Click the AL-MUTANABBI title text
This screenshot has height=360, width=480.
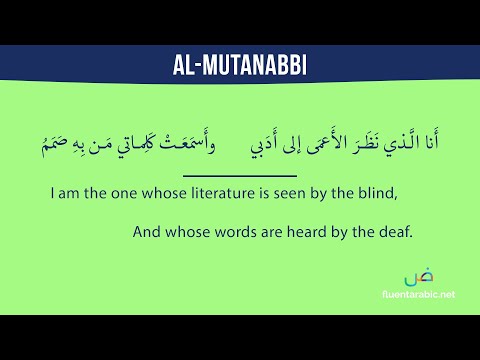click(x=240, y=66)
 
